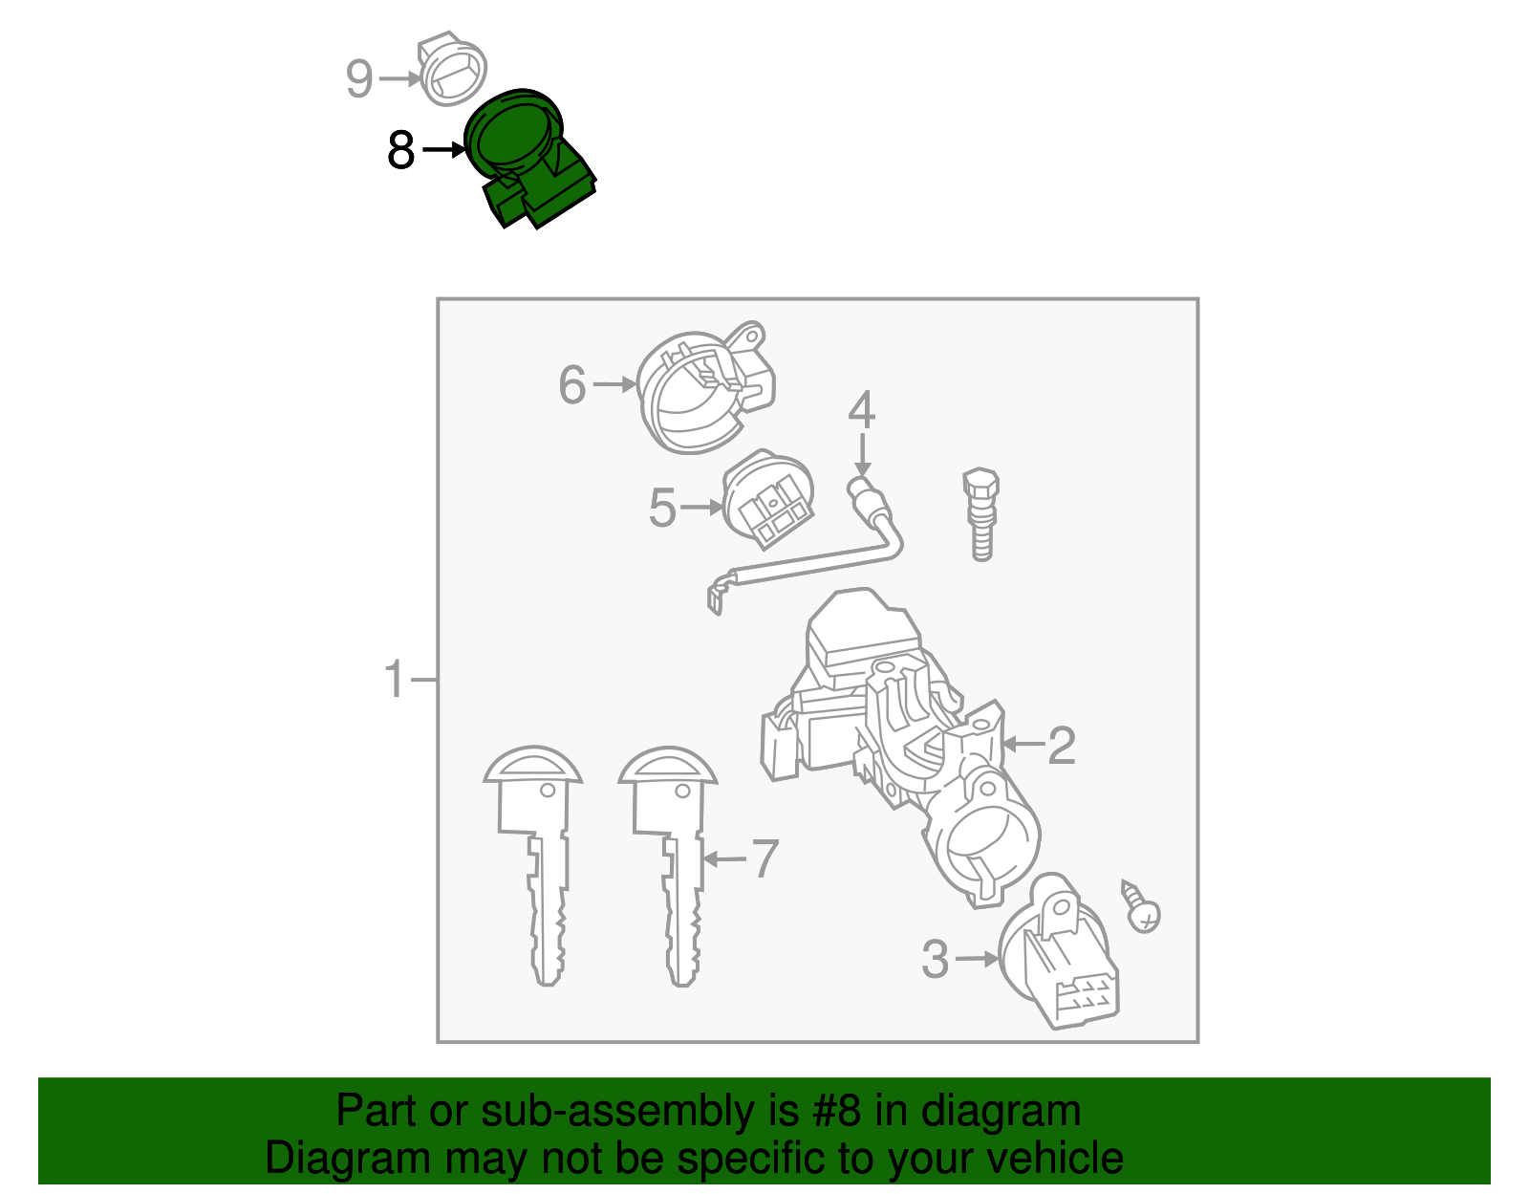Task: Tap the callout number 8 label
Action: point(401,150)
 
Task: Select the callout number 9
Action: point(358,77)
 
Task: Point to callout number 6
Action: point(571,384)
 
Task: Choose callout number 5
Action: point(662,508)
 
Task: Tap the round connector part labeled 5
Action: point(768,499)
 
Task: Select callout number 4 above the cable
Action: point(861,409)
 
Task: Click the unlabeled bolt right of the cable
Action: point(981,512)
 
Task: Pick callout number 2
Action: point(1062,745)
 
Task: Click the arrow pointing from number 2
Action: point(1023,744)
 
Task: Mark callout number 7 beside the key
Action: point(764,858)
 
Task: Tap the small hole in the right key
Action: point(682,792)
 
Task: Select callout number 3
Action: point(936,959)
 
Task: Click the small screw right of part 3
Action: point(1141,907)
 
